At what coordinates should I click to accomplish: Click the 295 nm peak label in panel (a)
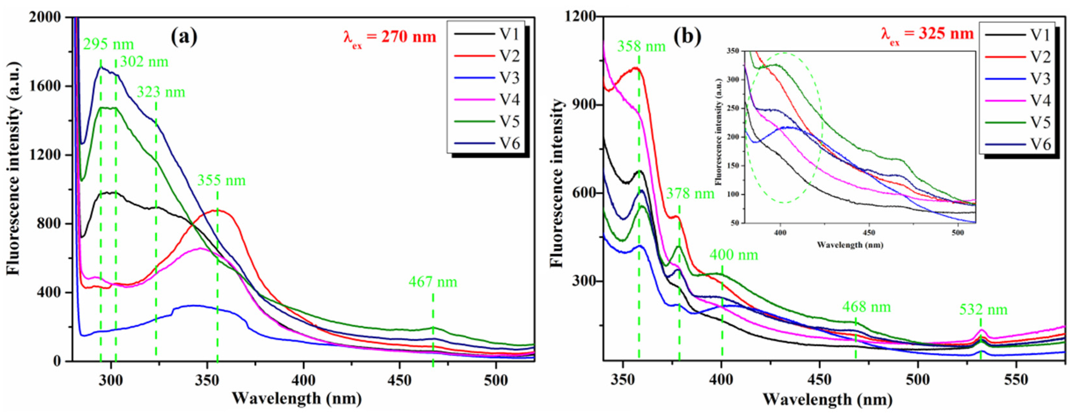[x=109, y=44]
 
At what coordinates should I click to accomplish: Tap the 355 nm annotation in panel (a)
[x=221, y=181]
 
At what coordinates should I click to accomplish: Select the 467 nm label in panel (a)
[x=433, y=282]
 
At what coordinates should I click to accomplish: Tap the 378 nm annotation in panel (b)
[x=690, y=194]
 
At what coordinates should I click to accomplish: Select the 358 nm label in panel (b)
[x=641, y=46]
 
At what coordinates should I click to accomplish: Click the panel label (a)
[x=184, y=37]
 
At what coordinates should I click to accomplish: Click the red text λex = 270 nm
[x=389, y=38]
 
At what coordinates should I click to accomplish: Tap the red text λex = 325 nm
[x=927, y=34]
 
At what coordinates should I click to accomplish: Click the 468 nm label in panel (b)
[x=866, y=307]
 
